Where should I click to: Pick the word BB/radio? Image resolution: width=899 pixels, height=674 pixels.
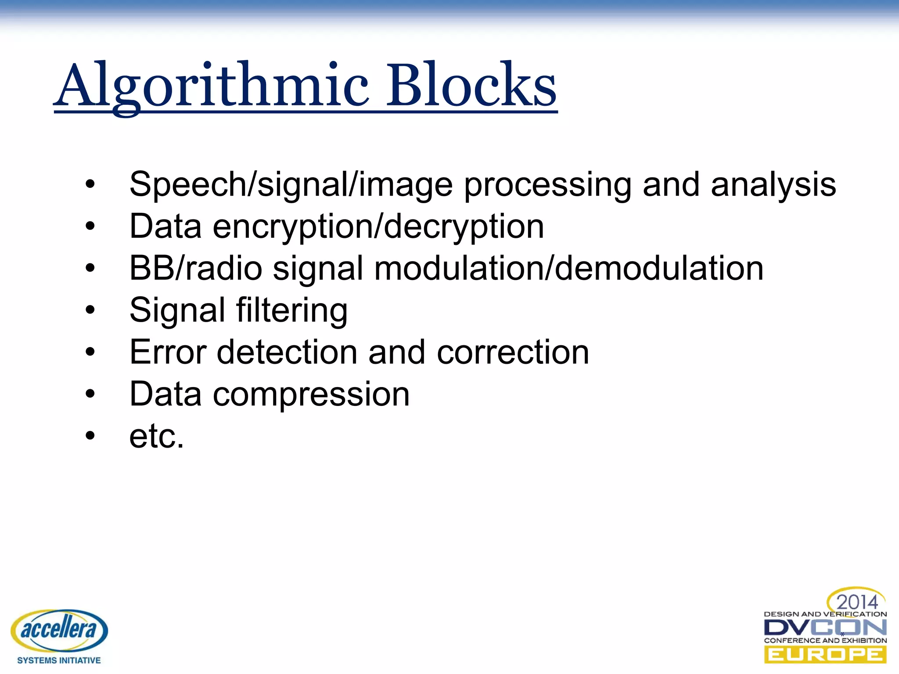tap(195, 268)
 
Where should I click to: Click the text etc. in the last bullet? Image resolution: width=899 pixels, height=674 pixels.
tap(156, 436)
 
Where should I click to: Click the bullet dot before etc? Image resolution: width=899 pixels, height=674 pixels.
tap(90, 436)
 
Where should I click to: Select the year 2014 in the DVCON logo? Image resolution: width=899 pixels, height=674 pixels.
tap(856, 602)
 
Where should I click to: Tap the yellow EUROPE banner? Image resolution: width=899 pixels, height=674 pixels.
tap(825, 655)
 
